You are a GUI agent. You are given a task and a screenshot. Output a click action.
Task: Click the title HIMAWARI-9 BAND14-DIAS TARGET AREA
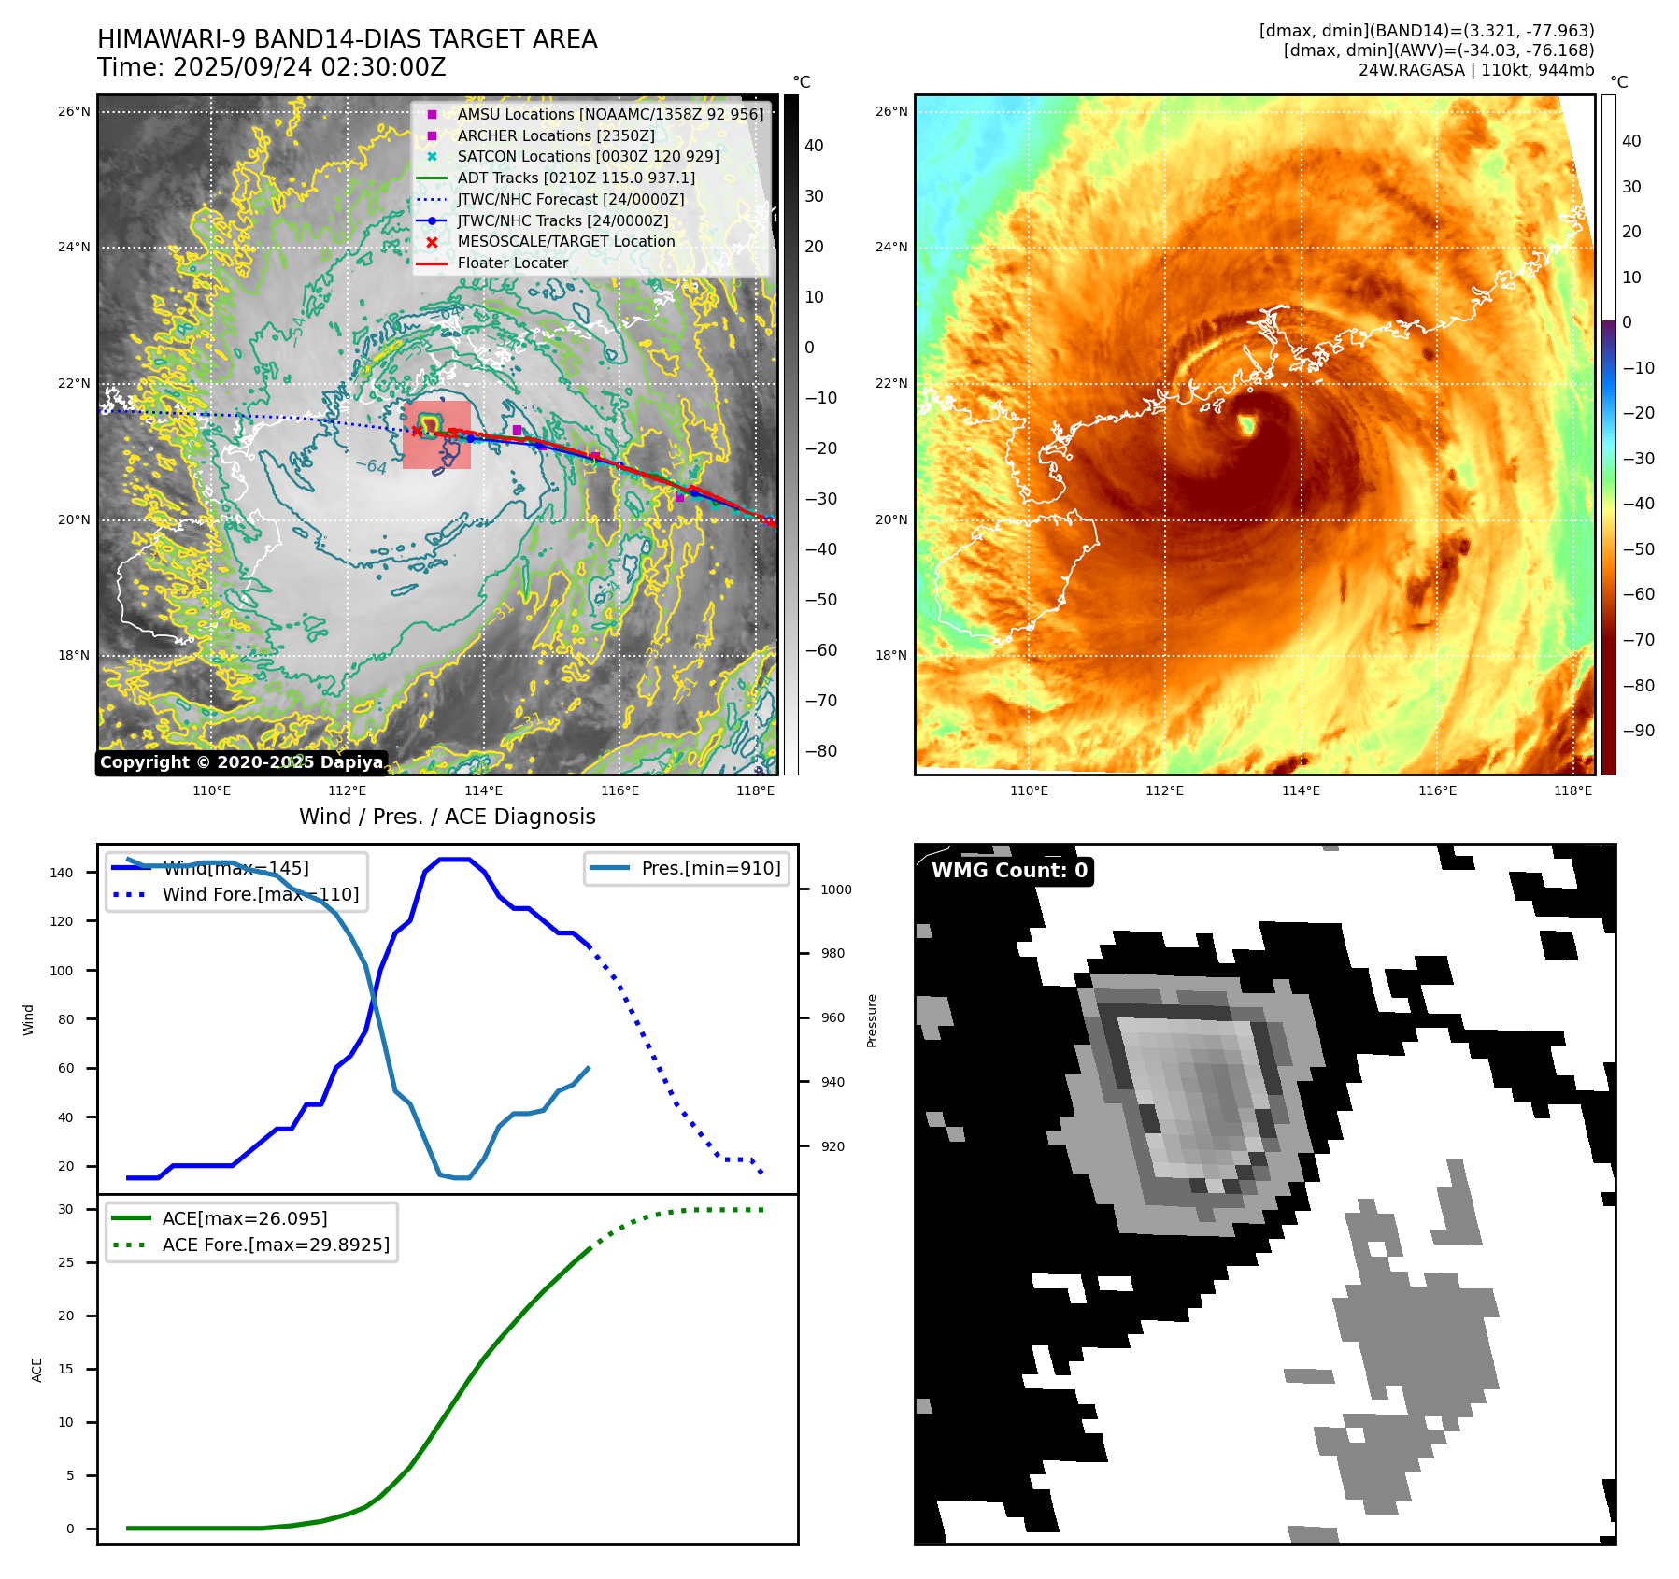pos(347,39)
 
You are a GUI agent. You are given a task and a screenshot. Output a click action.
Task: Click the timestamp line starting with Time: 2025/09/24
pos(271,68)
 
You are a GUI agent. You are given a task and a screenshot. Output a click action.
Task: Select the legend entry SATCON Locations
pos(588,157)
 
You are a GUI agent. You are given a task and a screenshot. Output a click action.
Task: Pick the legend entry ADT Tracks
pos(576,178)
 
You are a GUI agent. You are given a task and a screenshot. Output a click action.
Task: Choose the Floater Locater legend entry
pos(512,263)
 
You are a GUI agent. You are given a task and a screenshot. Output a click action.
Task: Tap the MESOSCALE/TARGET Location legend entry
pos(565,242)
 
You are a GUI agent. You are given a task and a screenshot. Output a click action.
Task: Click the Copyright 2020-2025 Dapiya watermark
pos(241,762)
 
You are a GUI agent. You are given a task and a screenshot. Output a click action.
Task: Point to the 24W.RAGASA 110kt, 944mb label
pos(1475,70)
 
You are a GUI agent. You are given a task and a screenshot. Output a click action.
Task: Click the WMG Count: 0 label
pos(1009,871)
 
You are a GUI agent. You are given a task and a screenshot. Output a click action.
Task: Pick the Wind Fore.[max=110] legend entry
pos(260,894)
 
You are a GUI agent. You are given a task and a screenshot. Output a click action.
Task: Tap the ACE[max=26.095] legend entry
pos(244,1218)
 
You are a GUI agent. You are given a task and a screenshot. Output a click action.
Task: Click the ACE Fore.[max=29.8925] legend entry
pos(276,1245)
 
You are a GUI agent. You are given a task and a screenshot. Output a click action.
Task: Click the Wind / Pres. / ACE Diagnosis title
pos(447,817)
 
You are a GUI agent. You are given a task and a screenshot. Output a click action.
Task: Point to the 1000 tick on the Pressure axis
pos(835,889)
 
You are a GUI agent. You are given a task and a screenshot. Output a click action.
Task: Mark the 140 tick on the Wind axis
pos(62,873)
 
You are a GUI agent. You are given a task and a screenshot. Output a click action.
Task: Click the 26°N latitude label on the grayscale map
pos(74,112)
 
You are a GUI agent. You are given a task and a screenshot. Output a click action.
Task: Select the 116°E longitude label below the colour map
pos(1436,791)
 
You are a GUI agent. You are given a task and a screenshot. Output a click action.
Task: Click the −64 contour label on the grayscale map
pos(371,465)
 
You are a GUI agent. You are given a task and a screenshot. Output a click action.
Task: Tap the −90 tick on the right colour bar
pos(1638,731)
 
